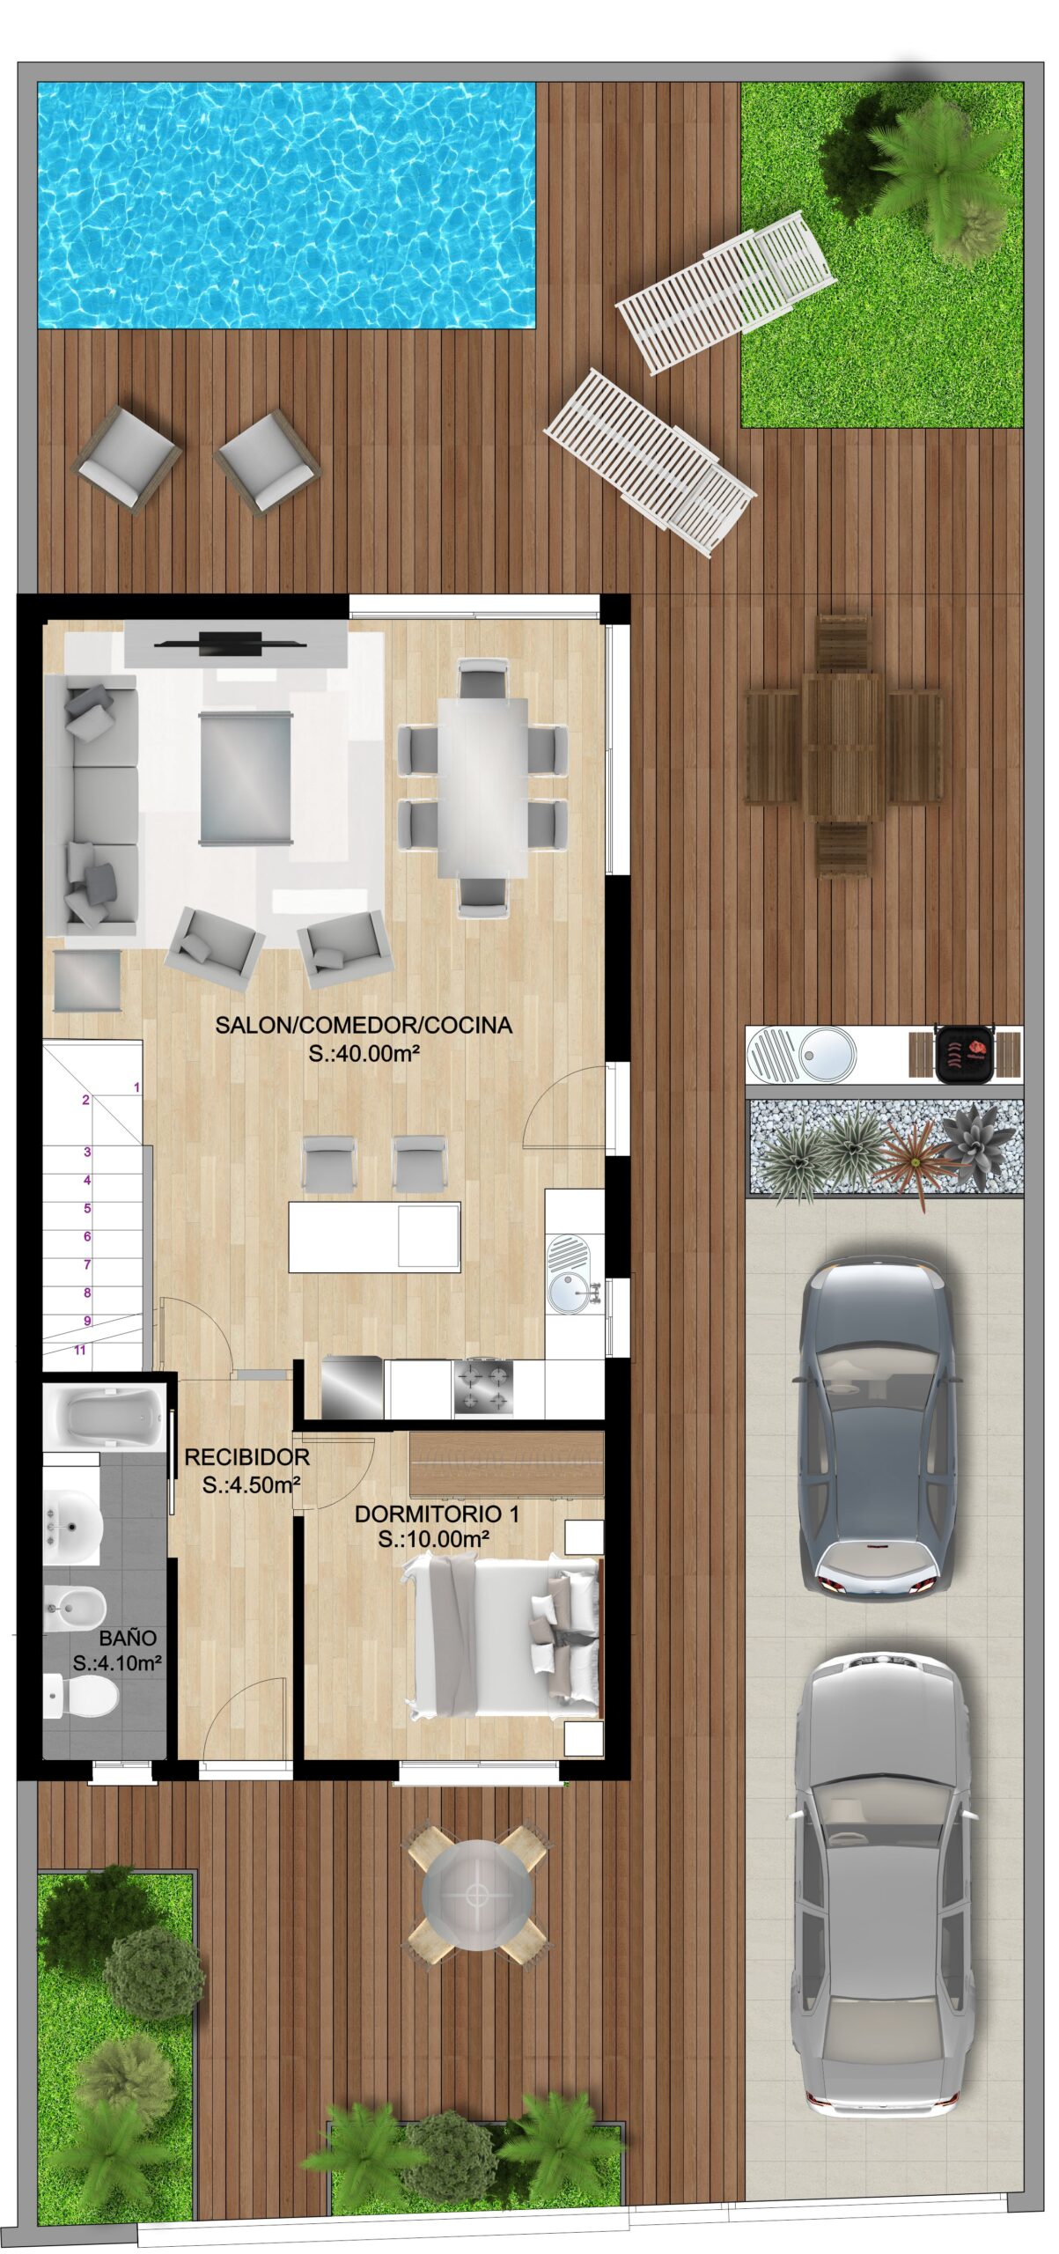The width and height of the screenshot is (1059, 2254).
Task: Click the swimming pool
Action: [x=287, y=205]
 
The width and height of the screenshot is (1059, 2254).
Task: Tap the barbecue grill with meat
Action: [x=964, y=1052]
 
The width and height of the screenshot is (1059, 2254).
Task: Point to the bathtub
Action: [x=105, y=1417]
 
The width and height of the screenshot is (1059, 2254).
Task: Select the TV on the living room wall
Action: [x=231, y=643]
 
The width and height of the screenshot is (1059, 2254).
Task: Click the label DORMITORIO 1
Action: [x=437, y=1514]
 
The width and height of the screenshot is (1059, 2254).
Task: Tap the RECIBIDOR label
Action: [x=246, y=1457]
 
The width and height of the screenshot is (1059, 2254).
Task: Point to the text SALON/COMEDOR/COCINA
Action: [x=364, y=1024]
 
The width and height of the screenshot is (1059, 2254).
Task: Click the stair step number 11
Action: [x=80, y=1350]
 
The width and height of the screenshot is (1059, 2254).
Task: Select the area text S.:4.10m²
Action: [x=117, y=1663]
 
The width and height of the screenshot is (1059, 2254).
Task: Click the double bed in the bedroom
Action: [x=501, y=1636]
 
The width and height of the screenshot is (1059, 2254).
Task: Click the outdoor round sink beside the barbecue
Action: [x=825, y=1055]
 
